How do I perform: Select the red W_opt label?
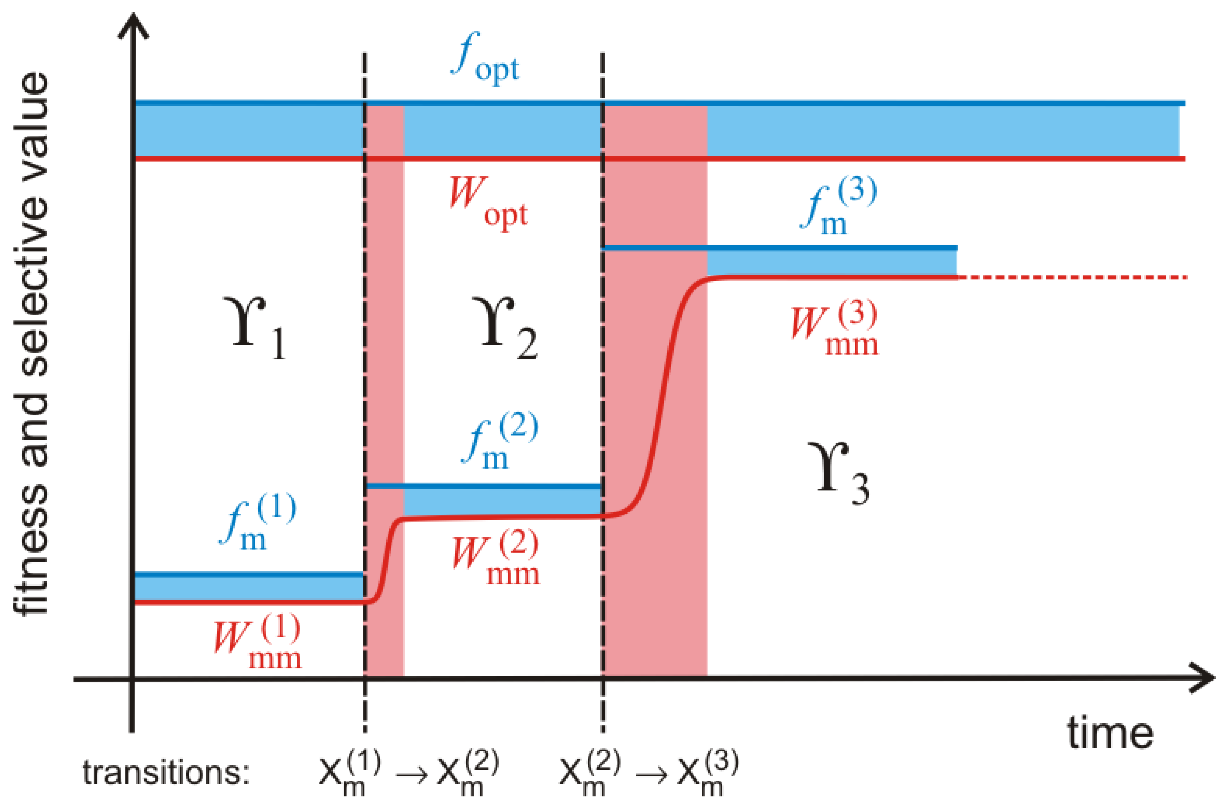click(x=488, y=203)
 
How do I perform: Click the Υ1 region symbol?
click(x=257, y=327)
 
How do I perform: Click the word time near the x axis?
click(x=1110, y=734)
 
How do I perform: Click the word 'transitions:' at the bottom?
click(x=166, y=773)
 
